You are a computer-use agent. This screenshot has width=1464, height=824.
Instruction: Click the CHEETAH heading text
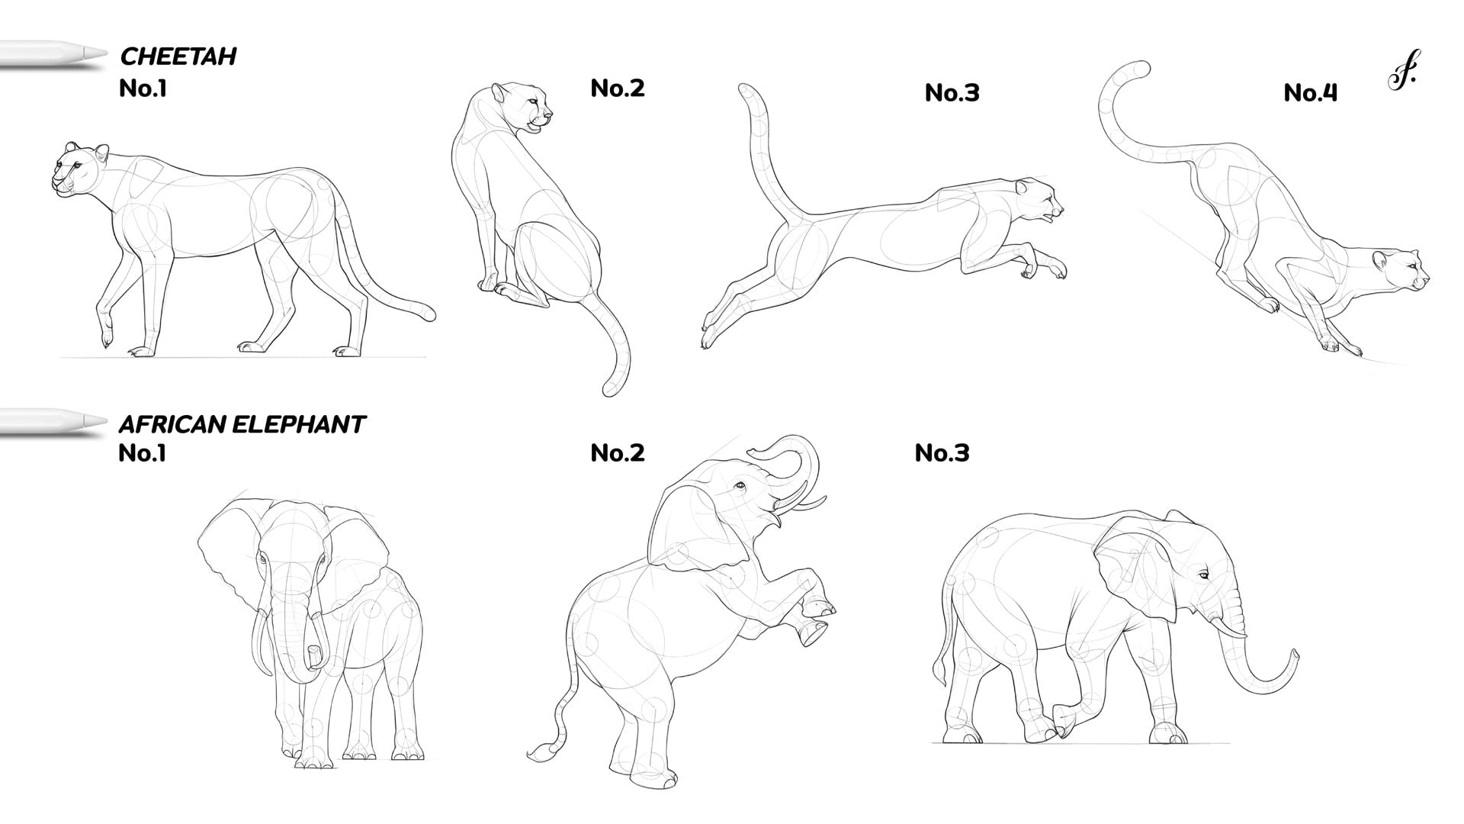178,56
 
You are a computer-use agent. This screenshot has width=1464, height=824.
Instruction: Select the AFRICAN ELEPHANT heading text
242,424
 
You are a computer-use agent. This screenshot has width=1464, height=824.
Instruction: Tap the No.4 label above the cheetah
1310,93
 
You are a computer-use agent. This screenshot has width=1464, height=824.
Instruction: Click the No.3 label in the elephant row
942,453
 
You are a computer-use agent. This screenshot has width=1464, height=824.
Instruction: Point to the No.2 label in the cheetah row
618,89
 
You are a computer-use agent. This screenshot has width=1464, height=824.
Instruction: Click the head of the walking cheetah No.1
79,169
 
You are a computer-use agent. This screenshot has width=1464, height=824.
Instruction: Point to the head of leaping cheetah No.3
1037,202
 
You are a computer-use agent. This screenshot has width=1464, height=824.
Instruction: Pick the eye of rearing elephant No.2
738,485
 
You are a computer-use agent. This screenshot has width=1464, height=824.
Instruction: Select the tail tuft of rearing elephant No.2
541,752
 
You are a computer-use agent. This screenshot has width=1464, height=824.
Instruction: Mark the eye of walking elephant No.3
1202,575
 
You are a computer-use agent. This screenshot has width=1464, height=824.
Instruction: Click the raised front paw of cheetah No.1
107,333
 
